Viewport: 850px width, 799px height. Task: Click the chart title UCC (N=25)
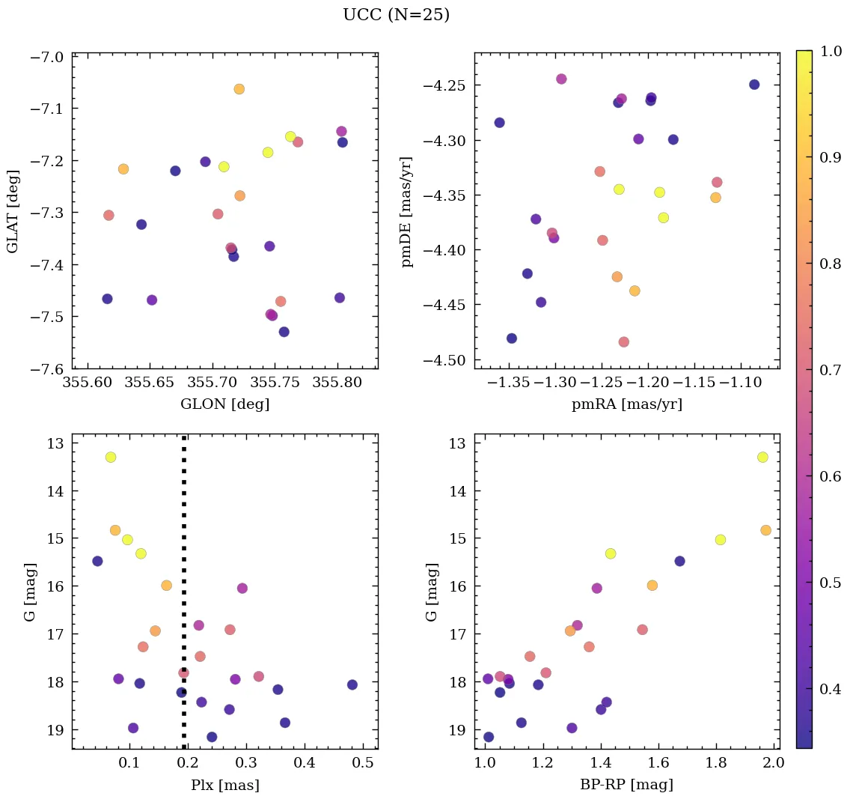tap(396, 15)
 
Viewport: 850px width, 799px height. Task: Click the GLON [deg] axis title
tap(224, 404)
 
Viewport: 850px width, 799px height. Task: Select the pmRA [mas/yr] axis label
tap(627, 404)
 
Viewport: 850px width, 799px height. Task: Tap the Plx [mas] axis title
tap(224, 785)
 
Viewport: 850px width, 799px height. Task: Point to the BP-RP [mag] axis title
tap(627, 785)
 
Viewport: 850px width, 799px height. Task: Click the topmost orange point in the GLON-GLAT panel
tap(239, 89)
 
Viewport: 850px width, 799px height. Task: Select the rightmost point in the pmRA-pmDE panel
tap(754, 85)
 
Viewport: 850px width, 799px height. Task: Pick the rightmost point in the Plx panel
tap(352, 684)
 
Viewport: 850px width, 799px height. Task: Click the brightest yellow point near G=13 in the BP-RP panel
tap(762, 457)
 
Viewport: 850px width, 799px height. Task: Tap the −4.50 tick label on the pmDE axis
tap(447, 360)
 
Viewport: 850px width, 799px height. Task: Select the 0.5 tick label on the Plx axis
tap(363, 764)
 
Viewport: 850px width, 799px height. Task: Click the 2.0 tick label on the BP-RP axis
tap(774, 764)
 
